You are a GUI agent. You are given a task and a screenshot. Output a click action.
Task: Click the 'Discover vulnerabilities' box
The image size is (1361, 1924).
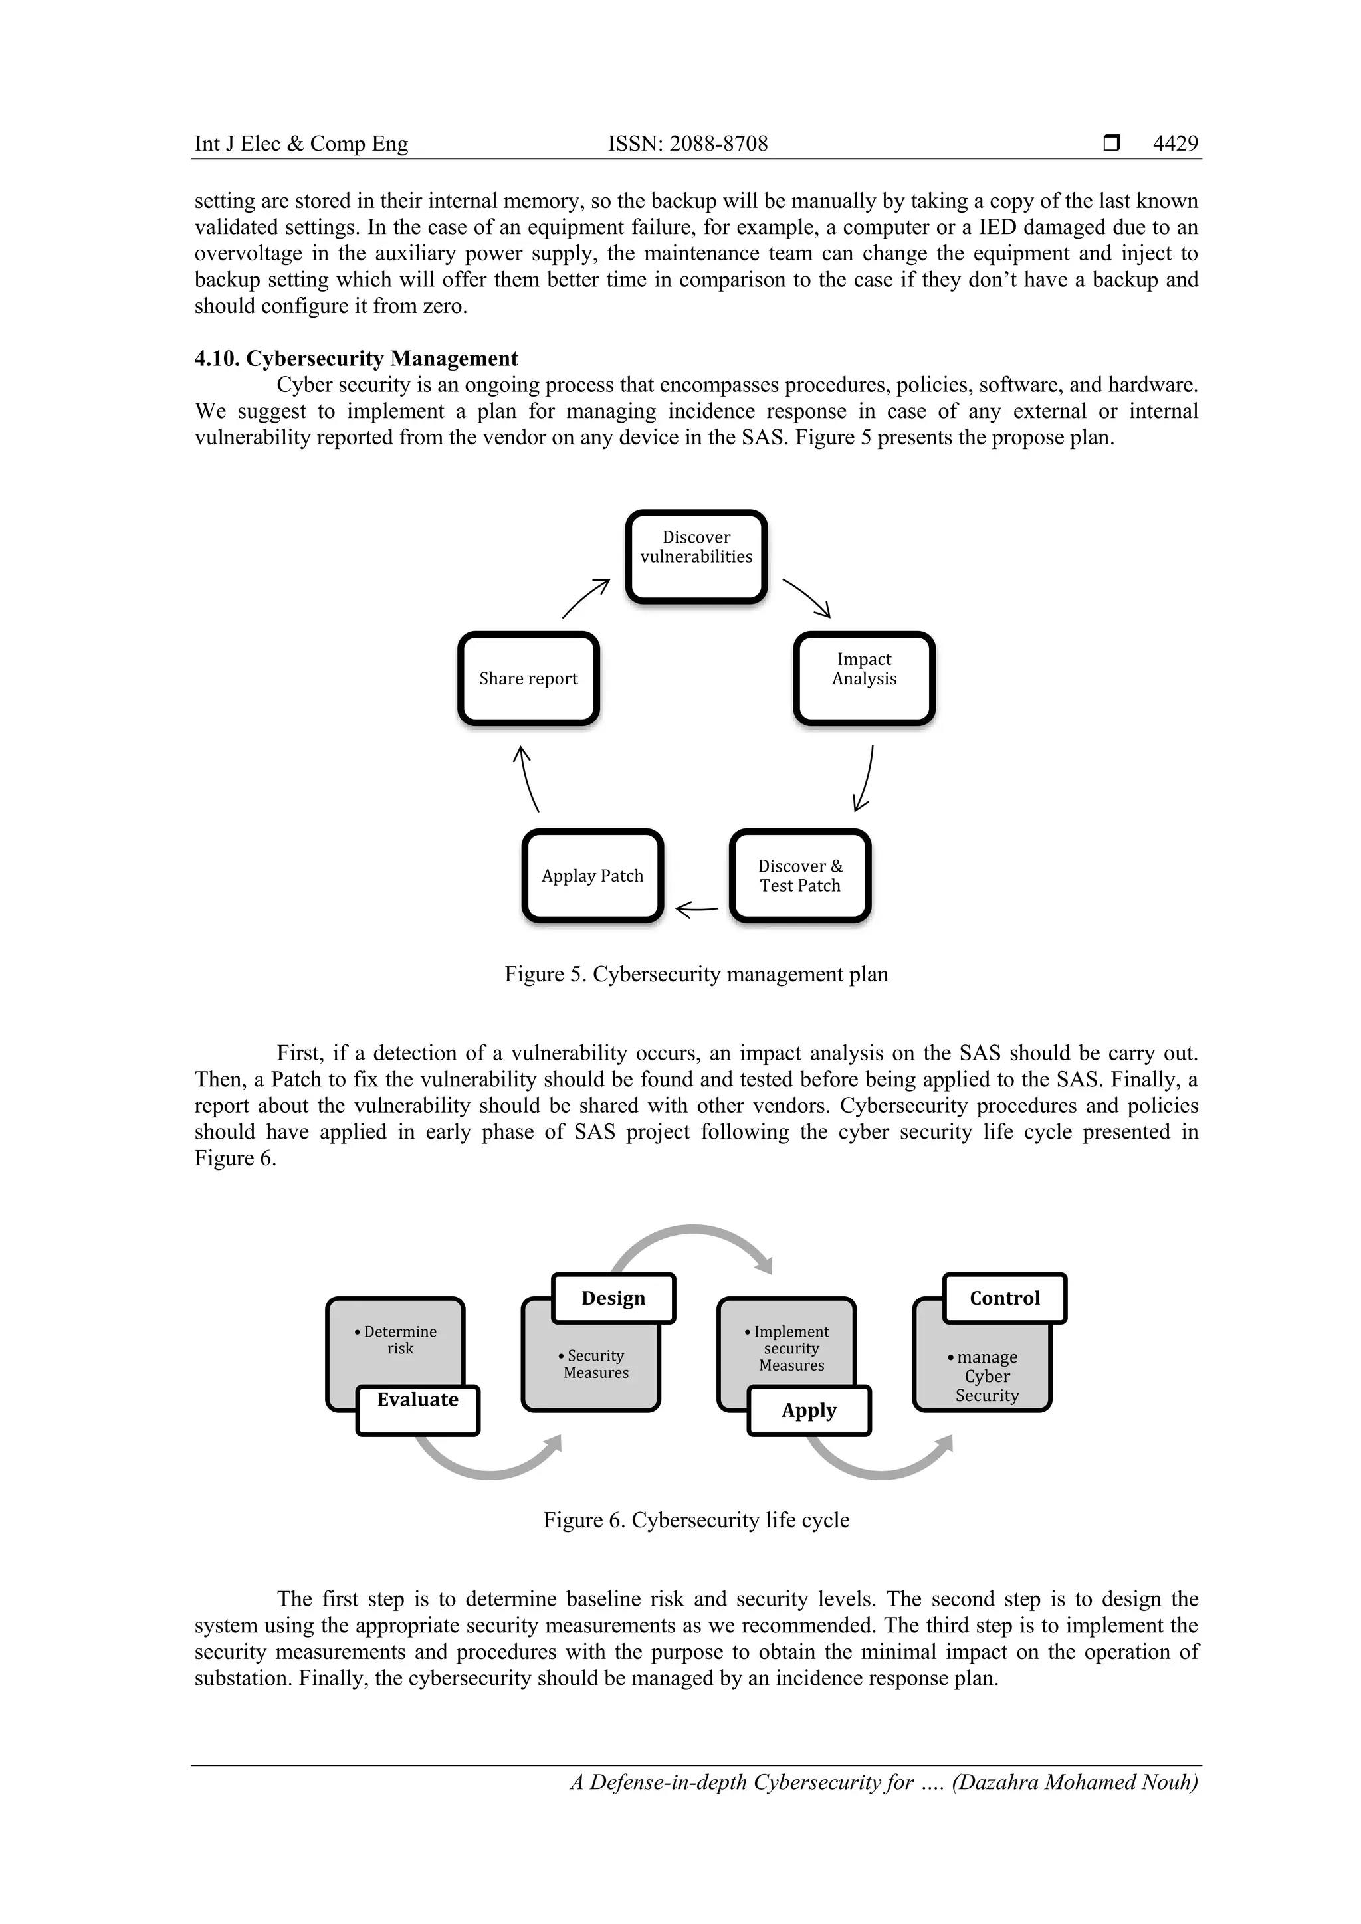[x=696, y=555]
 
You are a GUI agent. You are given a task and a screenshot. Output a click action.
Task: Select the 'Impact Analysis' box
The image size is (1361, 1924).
[x=863, y=678]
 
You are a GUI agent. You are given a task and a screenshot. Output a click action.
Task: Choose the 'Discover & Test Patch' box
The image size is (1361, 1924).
[x=799, y=876]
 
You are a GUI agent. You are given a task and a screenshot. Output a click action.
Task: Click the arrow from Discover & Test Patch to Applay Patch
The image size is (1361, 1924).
[x=696, y=908]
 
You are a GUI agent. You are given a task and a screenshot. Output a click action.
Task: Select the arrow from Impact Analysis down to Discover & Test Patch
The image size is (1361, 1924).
[x=864, y=779]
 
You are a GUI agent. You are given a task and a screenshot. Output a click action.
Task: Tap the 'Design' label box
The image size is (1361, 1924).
[x=613, y=1298]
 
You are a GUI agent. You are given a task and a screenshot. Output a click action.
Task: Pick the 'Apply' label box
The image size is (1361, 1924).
[x=809, y=1410]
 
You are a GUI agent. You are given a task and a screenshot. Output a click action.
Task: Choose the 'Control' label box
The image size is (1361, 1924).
[x=1004, y=1298]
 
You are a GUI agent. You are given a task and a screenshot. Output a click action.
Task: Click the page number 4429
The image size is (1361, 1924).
[x=1175, y=144]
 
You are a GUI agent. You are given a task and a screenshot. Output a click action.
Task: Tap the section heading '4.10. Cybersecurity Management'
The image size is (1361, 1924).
[x=356, y=359]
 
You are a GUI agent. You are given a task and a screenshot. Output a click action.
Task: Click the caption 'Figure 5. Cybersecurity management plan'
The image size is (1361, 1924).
[x=696, y=974]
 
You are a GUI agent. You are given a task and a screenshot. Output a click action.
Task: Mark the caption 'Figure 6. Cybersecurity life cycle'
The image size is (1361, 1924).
[x=696, y=1520]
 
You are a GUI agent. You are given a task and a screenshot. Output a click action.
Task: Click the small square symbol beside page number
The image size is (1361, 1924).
[x=1111, y=144]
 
